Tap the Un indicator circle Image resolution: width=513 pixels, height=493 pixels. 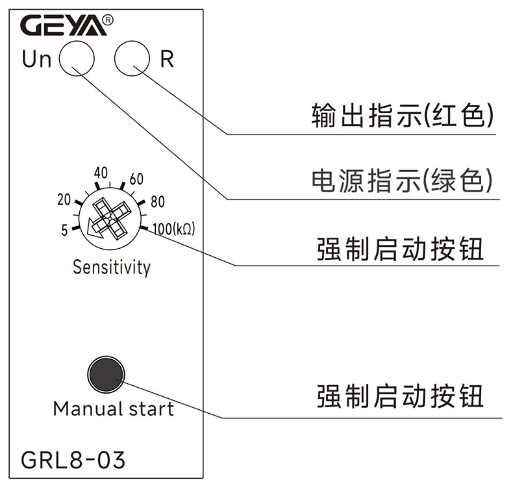click(x=77, y=59)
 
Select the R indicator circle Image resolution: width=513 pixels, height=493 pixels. click(x=132, y=59)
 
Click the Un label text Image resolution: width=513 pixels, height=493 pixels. click(x=37, y=60)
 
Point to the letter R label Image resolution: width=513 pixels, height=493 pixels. click(x=167, y=60)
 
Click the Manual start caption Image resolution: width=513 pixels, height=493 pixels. click(x=113, y=409)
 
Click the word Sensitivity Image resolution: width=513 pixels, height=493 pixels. click(x=111, y=267)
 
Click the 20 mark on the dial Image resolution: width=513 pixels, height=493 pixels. click(x=64, y=200)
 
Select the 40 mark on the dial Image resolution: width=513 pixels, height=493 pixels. click(x=100, y=173)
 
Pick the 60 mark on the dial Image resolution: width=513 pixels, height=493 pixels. click(x=136, y=179)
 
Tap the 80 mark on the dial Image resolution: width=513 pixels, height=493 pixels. click(x=157, y=202)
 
